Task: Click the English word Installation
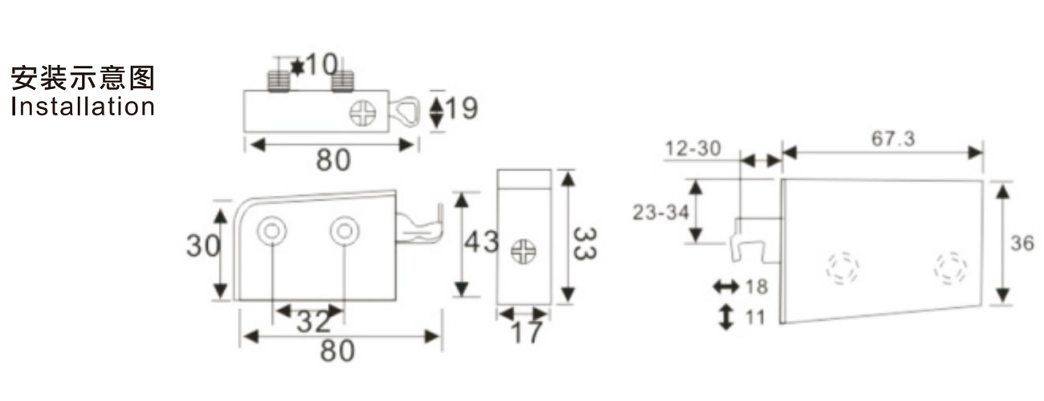83,107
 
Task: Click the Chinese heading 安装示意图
83,77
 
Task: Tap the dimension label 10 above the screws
321,64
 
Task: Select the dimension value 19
462,108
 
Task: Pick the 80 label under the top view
333,160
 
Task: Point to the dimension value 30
203,245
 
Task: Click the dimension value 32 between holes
314,322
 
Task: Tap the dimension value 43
482,242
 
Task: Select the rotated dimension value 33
585,243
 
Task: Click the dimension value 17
527,332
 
